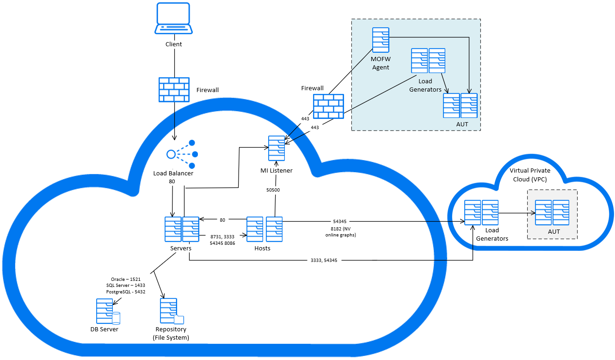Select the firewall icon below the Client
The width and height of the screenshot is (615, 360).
(174, 89)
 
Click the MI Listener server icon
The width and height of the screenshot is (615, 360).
(276, 148)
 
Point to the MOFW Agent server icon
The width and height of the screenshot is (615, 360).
(381, 40)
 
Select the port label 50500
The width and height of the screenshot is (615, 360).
(272, 190)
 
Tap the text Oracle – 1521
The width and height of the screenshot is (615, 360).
(123, 279)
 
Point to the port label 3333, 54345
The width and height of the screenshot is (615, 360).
(324, 261)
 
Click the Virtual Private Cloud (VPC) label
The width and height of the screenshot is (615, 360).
(530, 175)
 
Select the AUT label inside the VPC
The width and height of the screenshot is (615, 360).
(553, 232)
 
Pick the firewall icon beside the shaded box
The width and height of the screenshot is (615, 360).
(328, 107)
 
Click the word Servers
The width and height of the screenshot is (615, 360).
(181, 248)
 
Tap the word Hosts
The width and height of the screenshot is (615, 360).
(262, 248)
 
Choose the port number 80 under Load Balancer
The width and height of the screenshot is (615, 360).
(172, 182)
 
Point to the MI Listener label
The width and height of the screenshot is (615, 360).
(277, 171)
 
